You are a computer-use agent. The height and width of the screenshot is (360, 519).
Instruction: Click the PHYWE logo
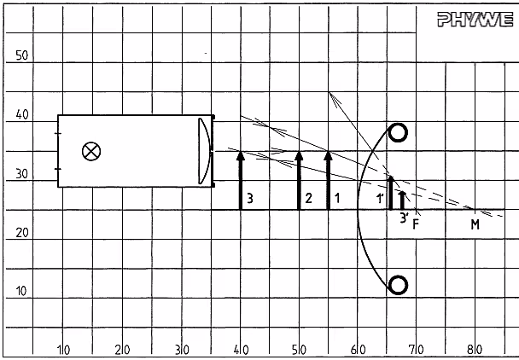coord(475,19)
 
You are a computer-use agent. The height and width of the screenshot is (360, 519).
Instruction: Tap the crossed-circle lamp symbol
coord(91,151)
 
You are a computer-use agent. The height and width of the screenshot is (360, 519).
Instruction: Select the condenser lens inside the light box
coord(205,151)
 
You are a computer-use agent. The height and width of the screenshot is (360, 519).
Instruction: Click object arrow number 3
coord(241,180)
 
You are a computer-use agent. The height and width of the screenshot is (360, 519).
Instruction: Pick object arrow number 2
coord(299,180)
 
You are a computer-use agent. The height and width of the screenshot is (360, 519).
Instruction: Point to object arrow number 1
coord(328,180)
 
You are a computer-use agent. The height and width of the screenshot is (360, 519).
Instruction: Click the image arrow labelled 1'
coord(391,193)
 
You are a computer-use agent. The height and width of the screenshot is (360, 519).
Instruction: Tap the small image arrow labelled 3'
coord(403,200)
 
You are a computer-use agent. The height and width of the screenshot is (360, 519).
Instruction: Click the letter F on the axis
coord(416,224)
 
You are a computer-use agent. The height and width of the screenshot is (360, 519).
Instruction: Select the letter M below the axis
coord(475,224)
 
